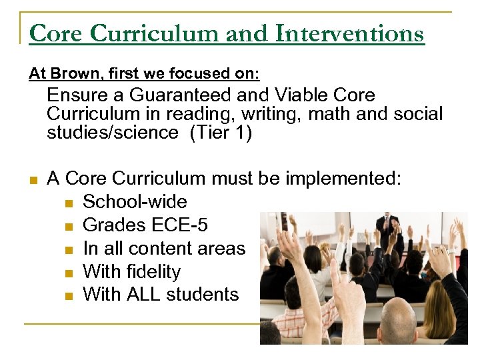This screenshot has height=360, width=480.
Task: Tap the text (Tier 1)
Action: (221, 133)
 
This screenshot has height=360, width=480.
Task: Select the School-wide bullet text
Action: (135, 202)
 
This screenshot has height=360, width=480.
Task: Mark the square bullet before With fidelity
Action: (70, 273)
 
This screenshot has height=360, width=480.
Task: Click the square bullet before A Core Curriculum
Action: (33, 179)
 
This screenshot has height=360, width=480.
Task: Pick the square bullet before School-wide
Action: (70, 203)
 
